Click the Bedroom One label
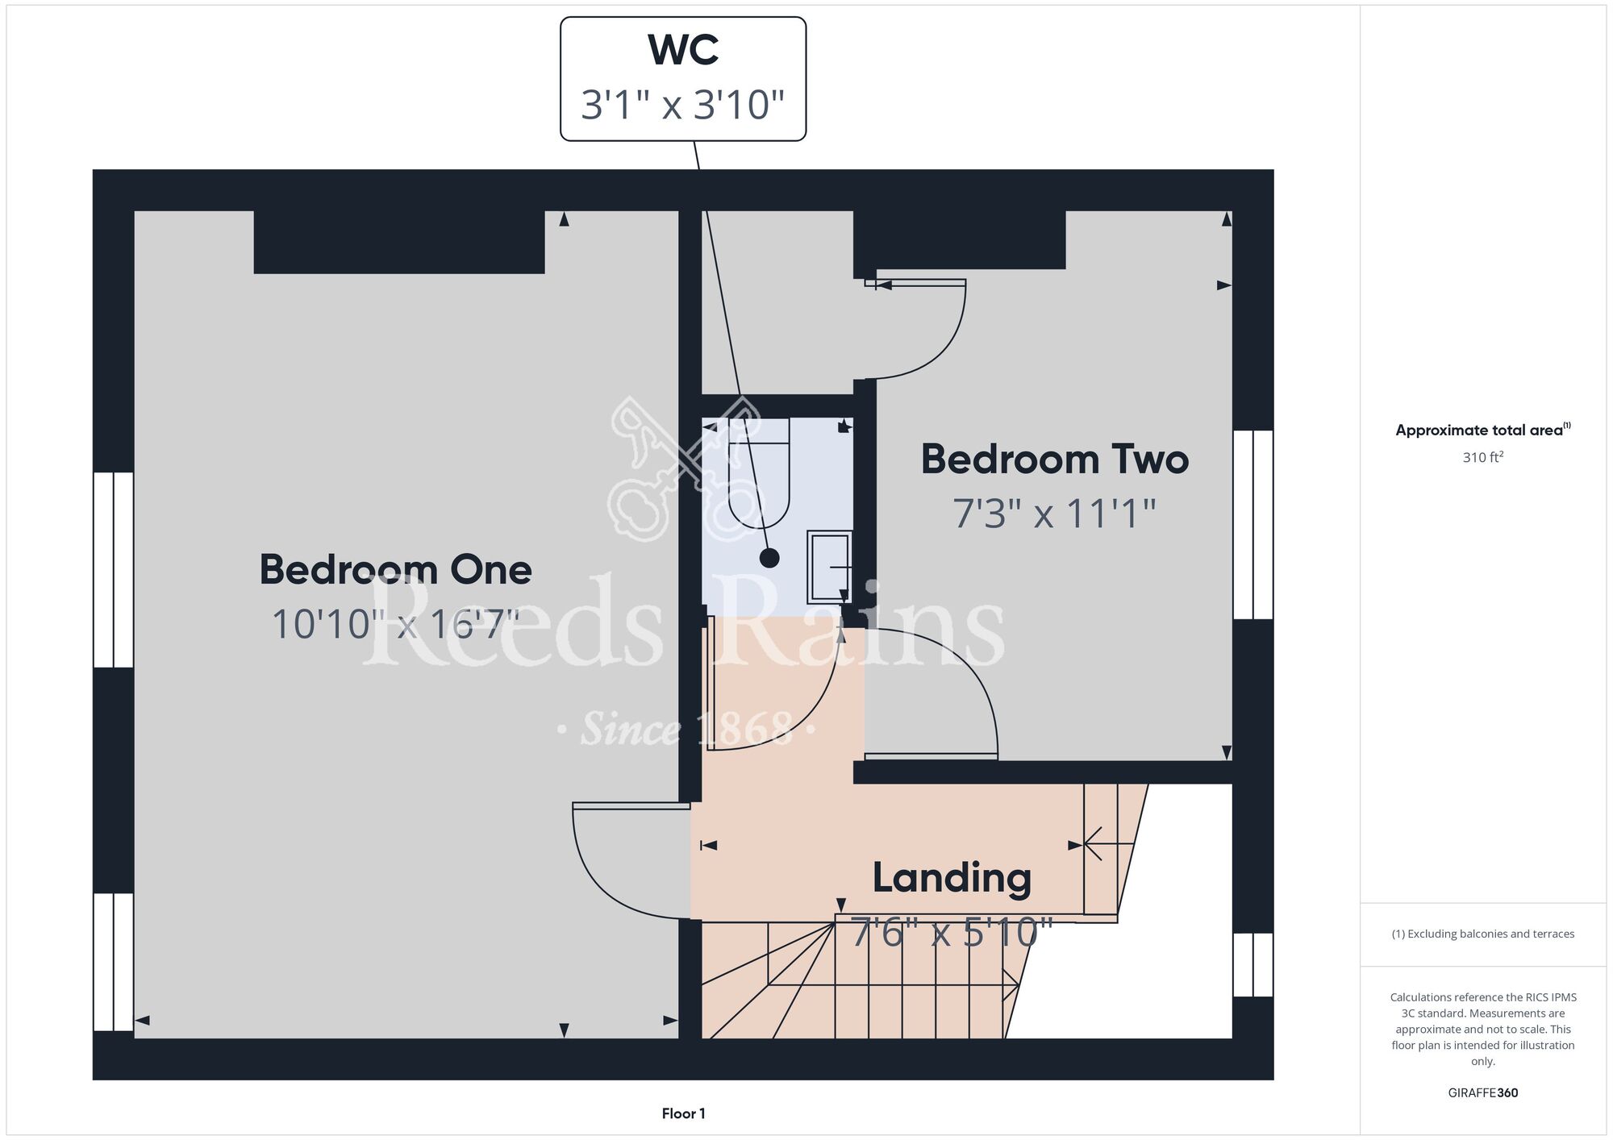[395, 569]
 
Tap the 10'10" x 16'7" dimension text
[395, 624]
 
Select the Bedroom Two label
[1055, 459]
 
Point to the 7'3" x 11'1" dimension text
[1055, 513]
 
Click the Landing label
[952, 879]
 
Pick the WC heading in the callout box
[683, 50]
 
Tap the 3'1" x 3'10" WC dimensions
[683, 105]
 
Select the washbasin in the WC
[830, 566]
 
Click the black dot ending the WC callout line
[769, 557]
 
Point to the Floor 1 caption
[683, 1113]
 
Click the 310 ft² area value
[1483, 457]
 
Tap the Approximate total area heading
[1483, 430]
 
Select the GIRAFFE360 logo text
[1483, 1093]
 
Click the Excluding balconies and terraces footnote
[1483, 934]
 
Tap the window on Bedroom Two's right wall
[1253, 525]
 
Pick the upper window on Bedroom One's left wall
[114, 570]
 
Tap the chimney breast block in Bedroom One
[399, 242]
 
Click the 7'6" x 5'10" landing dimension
[952, 933]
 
